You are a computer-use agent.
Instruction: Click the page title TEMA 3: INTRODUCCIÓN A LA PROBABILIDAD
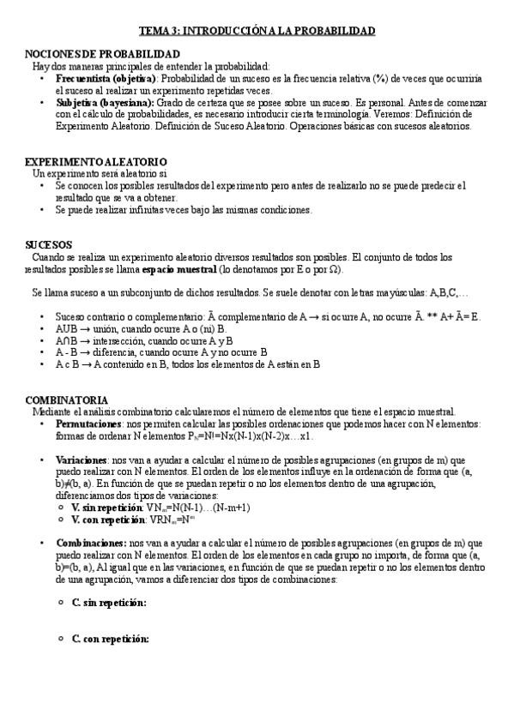257,30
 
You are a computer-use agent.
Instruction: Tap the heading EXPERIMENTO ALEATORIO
95,162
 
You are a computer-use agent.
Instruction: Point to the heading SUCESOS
49,245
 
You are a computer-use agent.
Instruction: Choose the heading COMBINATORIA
66,400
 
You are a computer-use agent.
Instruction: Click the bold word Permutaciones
88,424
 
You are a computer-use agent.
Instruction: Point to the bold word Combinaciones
89,544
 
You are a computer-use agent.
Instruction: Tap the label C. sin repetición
109,603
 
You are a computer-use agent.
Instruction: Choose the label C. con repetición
110,639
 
